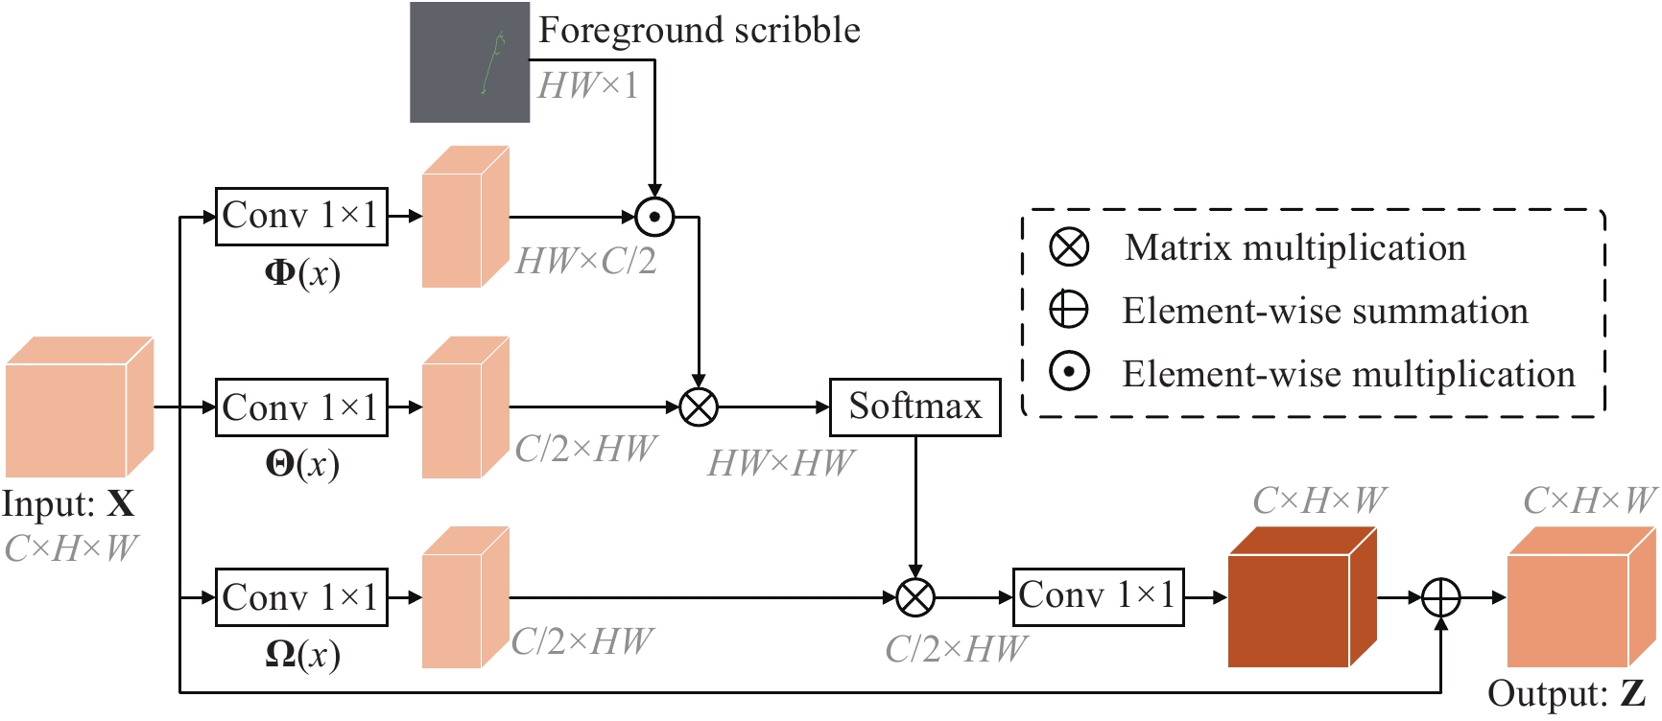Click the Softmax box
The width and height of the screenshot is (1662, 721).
pos(914,407)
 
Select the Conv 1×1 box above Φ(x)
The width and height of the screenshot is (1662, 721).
pos(301,217)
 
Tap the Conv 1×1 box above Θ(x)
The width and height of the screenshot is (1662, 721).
pos(301,407)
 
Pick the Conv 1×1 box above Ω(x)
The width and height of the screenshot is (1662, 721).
pos(301,597)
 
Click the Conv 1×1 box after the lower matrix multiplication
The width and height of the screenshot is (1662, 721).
pos(1098,597)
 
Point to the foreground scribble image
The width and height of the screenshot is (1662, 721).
pos(469,62)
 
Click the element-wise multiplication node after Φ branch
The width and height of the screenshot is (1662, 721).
pos(654,218)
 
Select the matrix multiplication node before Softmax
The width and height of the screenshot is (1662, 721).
pos(699,407)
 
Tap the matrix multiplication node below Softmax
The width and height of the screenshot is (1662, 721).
pos(915,597)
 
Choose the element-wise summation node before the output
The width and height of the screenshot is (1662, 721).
pos(1440,597)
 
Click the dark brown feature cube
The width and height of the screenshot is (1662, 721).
pos(1302,597)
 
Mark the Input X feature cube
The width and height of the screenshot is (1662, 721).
pos(79,407)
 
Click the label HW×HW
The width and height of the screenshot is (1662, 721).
pos(780,464)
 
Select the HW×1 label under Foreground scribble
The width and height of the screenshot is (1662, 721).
pos(587,86)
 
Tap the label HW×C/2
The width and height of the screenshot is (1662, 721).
pos(585,261)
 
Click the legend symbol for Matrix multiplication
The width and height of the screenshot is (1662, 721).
pos(1069,247)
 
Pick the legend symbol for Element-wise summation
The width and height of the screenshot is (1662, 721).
pos(1069,311)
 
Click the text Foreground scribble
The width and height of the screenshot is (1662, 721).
pos(699,31)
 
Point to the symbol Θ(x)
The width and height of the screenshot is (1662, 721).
pos(302,465)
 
